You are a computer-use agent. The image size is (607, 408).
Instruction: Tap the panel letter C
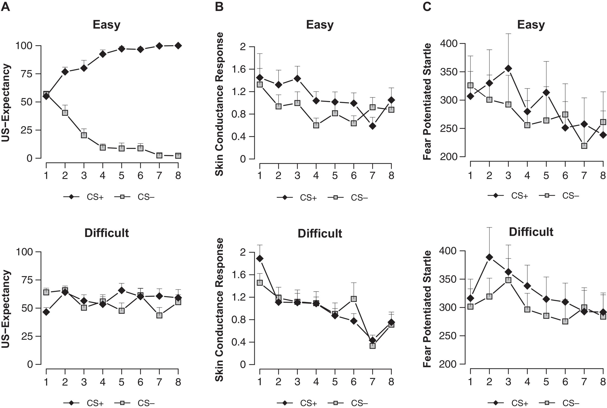[427, 7]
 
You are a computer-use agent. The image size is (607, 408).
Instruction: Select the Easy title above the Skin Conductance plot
[320, 25]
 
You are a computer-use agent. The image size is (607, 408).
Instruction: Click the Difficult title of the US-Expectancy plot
[107, 233]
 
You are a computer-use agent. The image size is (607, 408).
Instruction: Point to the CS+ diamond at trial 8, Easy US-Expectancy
[178, 46]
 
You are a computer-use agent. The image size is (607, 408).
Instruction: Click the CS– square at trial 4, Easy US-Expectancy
[103, 147]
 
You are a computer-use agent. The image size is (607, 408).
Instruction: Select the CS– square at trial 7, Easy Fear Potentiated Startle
[584, 146]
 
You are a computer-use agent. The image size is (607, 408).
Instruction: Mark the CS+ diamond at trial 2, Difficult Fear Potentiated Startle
[489, 257]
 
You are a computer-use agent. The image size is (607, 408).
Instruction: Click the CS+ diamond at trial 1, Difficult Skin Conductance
[260, 258]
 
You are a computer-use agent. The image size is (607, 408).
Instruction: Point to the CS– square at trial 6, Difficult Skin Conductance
[354, 299]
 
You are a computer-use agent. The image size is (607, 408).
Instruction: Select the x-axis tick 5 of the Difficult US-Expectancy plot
[121, 382]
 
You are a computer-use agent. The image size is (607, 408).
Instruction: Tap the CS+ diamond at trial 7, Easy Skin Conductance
[372, 126]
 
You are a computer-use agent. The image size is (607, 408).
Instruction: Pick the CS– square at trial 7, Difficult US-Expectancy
[159, 315]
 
